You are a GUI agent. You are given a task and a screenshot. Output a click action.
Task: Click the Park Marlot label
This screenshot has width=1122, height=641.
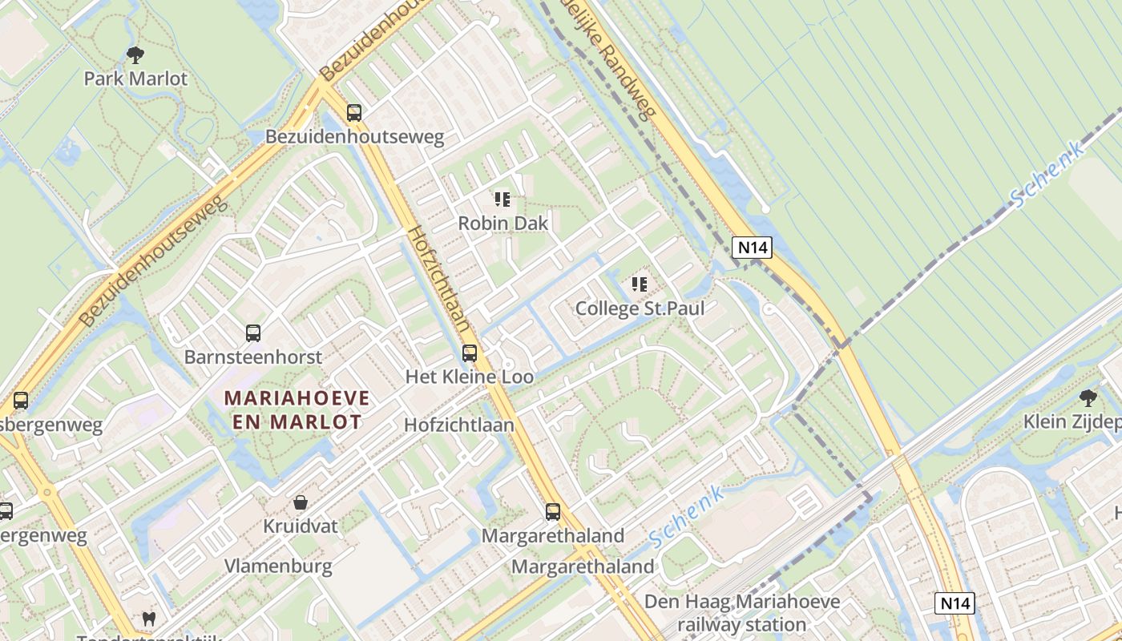pyautogui.click(x=135, y=79)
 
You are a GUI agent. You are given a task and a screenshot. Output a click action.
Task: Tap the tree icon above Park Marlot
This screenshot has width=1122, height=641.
pyautogui.click(x=135, y=55)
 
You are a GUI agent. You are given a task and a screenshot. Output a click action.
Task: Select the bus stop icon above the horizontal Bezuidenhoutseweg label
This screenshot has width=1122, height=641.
pyautogui.click(x=354, y=113)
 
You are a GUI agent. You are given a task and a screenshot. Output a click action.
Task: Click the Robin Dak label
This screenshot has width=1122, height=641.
pyautogui.click(x=502, y=223)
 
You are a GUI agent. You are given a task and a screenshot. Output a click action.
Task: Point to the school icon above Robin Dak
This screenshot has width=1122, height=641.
pyautogui.click(x=502, y=199)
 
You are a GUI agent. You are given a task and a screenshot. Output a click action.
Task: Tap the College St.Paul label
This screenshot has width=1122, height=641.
pyautogui.click(x=640, y=308)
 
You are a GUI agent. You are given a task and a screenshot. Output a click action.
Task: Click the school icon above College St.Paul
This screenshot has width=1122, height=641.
pyautogui.click(x=639, y=284)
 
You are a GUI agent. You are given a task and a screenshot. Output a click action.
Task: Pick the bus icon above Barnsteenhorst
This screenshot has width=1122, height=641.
pyautogui.click(x=253, y=333)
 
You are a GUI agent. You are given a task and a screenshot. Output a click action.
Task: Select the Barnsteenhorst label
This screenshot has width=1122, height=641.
pyautogui.click(x=252, y=357)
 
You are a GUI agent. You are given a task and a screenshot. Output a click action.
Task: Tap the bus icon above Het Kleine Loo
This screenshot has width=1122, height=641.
pyautogui.click(x=470, y=353)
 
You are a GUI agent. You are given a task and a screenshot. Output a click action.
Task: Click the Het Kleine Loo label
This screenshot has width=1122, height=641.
pyautogui.click(x=470, y=377)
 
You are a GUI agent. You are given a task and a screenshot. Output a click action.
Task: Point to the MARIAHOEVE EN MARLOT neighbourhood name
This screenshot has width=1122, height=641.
pyautogui.click(x=297, y=409)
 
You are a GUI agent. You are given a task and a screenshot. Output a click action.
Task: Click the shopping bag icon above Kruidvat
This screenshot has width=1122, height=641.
pyautogui.click(x=301, y=502)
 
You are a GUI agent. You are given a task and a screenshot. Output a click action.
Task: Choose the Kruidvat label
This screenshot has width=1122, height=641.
pyautogui.click(x=301, y=526)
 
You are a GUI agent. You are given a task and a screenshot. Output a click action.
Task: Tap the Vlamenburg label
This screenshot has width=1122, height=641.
pyautogui.click(x=278, y=566)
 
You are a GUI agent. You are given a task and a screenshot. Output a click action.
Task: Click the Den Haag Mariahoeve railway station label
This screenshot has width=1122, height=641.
pyautogui.click(x=742, y=613)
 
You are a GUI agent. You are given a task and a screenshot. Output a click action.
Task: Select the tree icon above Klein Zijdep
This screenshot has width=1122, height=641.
pyautogui.click(x=1088, y=397)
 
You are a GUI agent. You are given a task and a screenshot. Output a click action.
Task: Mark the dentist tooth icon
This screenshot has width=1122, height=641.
pyautogui.click(x=148, y=618)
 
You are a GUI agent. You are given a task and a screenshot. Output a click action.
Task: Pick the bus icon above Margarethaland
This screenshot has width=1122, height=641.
pyautogui.click(x=553, y=511)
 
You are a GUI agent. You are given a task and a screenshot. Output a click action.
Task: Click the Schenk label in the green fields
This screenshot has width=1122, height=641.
pyautogui.click(x=1047, y=172)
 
